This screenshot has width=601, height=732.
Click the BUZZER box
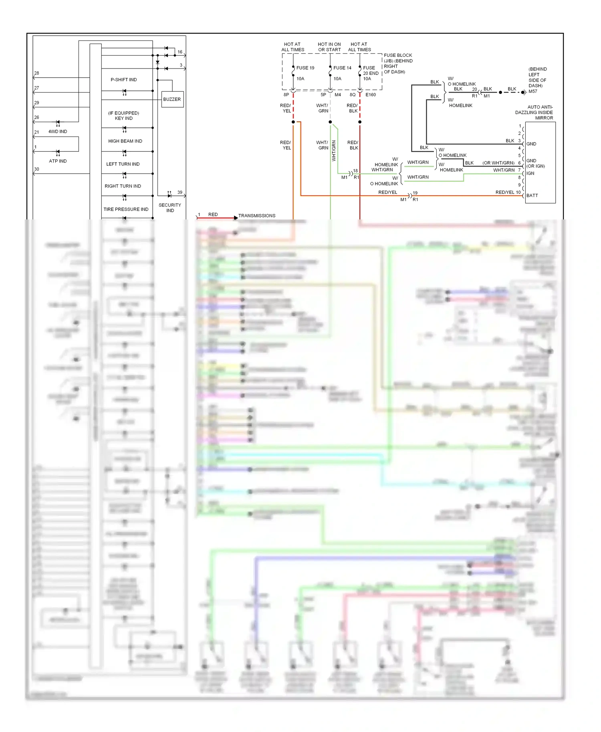point(172,99)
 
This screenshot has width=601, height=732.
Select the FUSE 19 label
point(305,68)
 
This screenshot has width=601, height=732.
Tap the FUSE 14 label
point(342,68)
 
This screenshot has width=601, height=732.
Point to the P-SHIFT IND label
point(124,80)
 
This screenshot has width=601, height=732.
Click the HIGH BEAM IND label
point(125,141)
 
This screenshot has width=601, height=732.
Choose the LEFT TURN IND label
point(123,164)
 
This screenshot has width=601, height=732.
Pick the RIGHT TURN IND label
point(123,186)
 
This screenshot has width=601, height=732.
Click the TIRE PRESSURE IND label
point(126,209)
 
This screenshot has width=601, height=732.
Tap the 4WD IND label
point(58,132)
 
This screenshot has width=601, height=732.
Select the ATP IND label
point(58,161)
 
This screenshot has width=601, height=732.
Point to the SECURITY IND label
point(170,207)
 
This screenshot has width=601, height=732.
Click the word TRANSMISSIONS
point(257,216)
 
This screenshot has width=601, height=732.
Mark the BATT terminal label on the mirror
point(532,195)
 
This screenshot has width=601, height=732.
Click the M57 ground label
point(533,91)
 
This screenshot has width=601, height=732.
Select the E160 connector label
point(371,95)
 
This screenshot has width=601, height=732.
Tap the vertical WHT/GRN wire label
point(334,151)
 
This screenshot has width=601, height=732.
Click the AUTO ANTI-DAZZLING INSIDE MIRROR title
point(534,113)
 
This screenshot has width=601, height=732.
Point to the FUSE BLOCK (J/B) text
point(397,58)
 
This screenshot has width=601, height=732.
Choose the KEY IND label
point(123,119)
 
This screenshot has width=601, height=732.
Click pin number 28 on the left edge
point(36,73)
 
